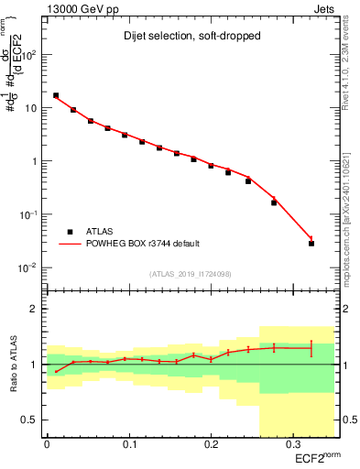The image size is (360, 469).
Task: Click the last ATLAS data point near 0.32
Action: (x=311, y=244)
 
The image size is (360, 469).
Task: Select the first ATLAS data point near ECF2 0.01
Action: (x=56, y=95)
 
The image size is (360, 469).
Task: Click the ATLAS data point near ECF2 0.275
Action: (x=274, y=202)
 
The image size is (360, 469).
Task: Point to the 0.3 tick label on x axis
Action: (x=292, y=445)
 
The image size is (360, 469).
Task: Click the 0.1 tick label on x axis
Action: (x=128, y=445)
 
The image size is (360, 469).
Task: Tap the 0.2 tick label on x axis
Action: (x=211, y=445)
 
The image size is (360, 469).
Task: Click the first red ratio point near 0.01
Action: (x=56, y=371)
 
